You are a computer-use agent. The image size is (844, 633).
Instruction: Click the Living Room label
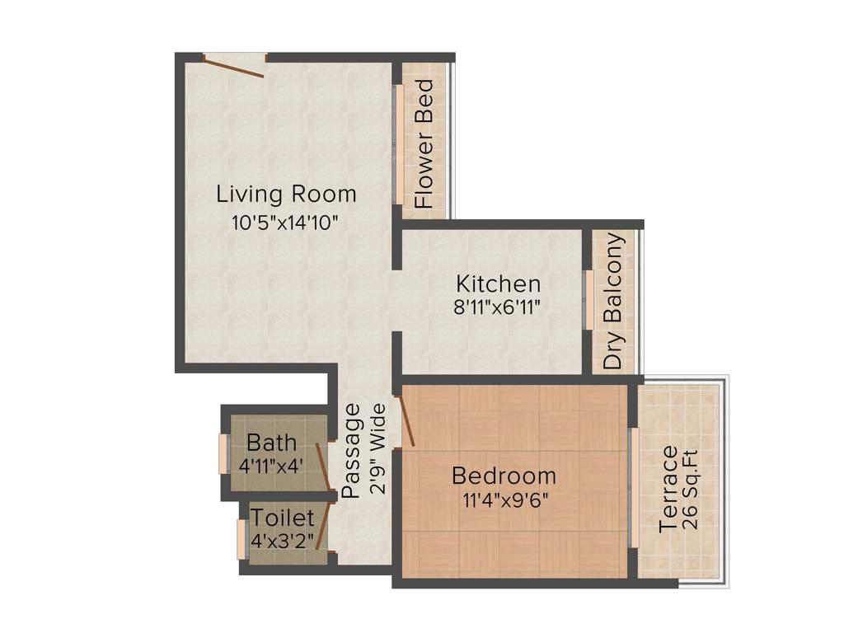286,195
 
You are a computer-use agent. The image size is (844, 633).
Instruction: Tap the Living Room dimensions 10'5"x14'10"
286,222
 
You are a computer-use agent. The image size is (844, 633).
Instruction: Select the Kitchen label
499,284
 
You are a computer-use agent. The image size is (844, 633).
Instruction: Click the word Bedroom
504,476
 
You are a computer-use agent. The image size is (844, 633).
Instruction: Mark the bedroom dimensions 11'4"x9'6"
504,499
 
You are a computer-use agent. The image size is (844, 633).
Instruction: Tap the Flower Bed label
424,143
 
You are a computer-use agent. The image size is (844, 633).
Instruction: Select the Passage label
351,450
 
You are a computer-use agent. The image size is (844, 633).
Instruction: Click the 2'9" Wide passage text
377,448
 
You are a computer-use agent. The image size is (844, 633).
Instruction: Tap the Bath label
271,443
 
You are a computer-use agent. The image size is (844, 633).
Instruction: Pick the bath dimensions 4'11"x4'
271,465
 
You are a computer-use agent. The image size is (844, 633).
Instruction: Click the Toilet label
283,518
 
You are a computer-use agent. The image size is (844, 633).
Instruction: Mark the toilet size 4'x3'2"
283,540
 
